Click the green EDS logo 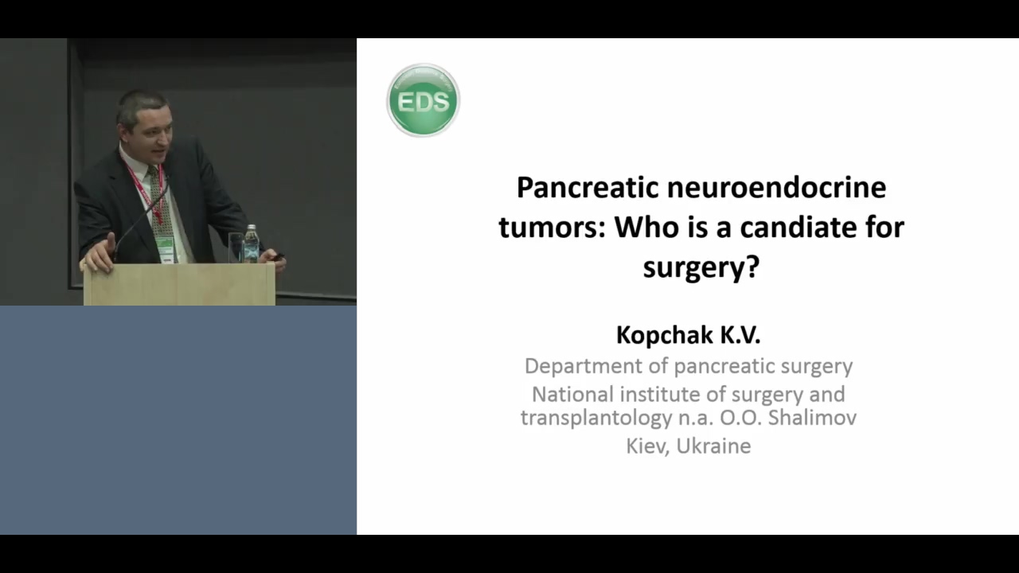coord(423,100)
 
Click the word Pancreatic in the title coord(588,187)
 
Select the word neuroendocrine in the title coord(777,187)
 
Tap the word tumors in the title coord(552,228)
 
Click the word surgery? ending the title coord(701,267)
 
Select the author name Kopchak coord(665,336)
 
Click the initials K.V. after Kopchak coord(740,335)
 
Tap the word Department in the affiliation coord(584,367)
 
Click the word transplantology coord(596,419)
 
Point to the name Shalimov coord(812,418)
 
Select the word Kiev coord(647,446)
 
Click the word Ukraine coord(714,446)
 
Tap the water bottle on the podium coord(251,244)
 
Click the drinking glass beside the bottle coord(236,248)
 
